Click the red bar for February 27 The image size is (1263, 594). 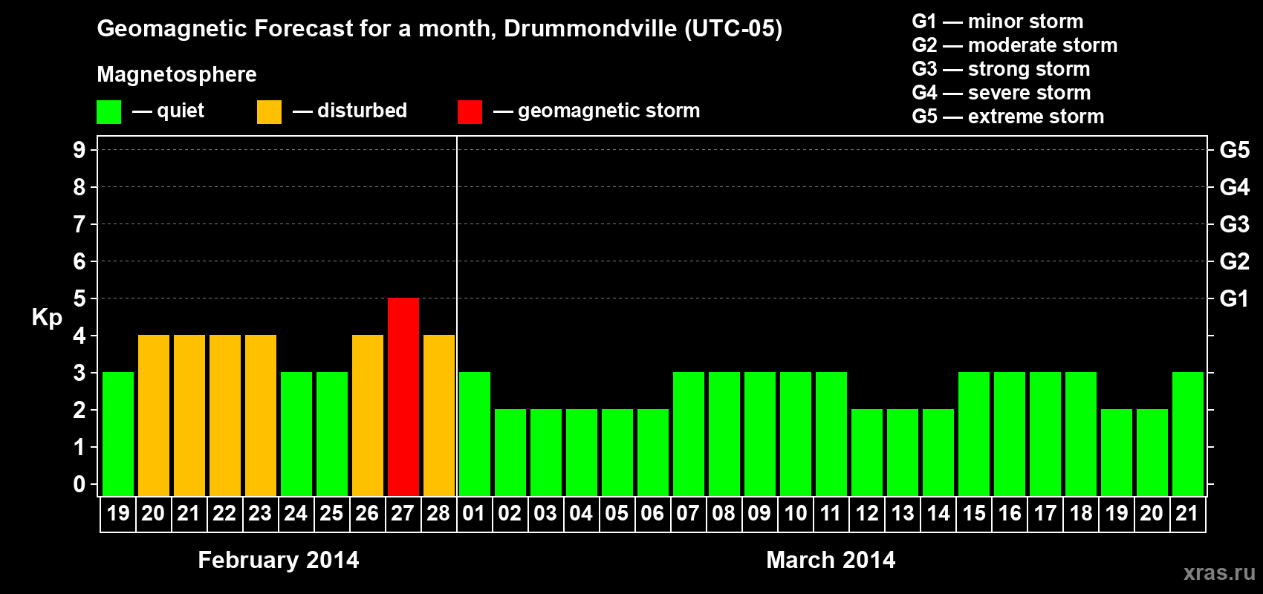(403, 396)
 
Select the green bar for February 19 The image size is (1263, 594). (118, 434)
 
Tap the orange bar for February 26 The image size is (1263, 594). (368, 415)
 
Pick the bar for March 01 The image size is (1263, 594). (475, 434)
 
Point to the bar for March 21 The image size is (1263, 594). (1188, 434)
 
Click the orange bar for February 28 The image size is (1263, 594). (439, 415)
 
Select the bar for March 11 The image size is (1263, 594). (831, 434)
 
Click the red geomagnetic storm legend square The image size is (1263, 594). (470, 111)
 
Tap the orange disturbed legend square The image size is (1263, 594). (270, 111)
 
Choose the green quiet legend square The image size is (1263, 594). (108, 111)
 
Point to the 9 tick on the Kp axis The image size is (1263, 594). (79, 150)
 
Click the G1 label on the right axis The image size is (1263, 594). (1235, 298)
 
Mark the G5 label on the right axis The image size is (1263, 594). (1235, 150)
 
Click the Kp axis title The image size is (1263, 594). (47, 318)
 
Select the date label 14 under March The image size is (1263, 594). (938, 513)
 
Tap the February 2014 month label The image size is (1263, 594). (279, 560)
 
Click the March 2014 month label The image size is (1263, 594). (831, 560)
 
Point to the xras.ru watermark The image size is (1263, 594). (1219, 572)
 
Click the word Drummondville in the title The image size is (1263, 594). (591, 28)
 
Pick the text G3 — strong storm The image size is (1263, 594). (1001, 69)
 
